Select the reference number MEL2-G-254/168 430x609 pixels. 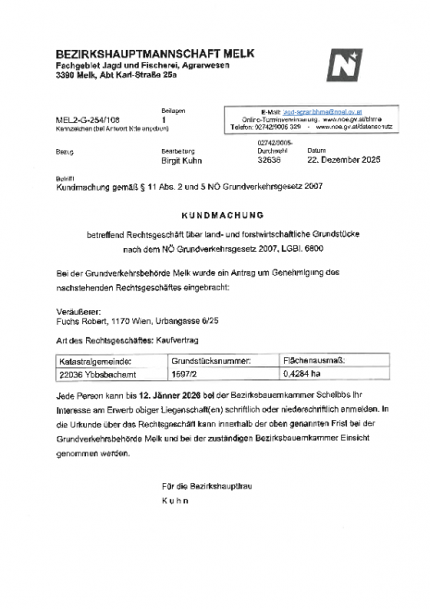[87, 120]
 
